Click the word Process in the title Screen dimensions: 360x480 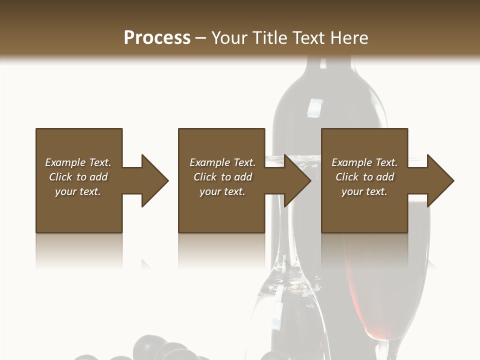[157, 38]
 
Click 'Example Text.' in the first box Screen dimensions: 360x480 [78, 162]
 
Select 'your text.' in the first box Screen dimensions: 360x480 [78, 191]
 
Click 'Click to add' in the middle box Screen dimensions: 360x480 [222, 177]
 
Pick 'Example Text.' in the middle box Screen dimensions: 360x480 [222, 162]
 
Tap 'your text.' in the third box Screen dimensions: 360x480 [364, 191]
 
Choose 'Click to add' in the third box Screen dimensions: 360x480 [364, 177]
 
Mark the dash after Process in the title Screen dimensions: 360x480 [201, 38]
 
